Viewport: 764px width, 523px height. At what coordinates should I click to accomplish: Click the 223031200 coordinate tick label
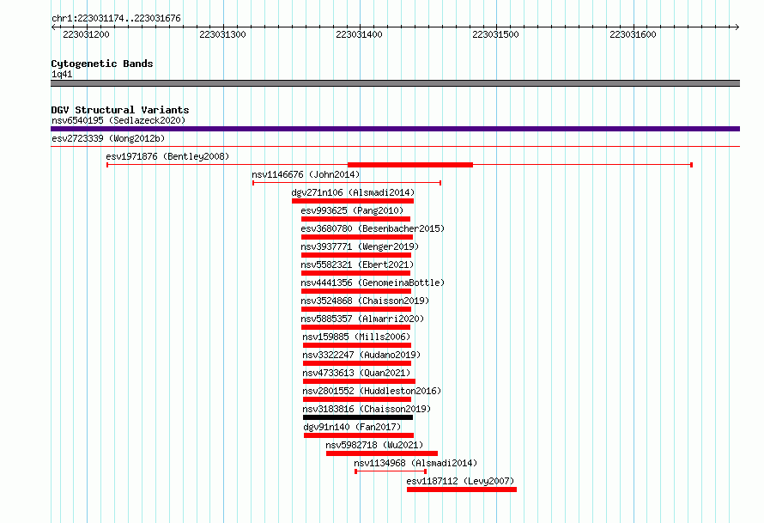86,34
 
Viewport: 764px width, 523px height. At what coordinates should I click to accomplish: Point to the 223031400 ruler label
359,34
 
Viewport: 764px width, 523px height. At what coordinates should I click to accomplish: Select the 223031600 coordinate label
633,34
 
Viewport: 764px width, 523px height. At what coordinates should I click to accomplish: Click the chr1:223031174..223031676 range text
116,18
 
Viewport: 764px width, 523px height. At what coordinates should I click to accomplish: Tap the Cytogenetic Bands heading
102,64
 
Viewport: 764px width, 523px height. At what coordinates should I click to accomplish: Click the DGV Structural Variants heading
120,110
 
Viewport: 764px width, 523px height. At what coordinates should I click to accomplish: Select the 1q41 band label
62,74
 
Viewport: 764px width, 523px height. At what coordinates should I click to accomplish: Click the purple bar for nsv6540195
395,129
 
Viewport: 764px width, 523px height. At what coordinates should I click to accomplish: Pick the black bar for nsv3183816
358,417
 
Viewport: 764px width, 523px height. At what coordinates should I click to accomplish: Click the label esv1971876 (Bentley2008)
167,156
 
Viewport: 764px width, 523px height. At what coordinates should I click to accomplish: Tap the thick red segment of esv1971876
410,165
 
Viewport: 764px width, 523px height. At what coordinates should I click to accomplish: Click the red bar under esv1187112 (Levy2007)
462,490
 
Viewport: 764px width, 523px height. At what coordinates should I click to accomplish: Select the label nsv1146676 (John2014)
306,174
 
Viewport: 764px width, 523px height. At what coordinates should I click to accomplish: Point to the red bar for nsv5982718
382,453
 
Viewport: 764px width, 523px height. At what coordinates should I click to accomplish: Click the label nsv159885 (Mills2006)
356,337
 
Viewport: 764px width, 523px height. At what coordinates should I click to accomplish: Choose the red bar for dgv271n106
353,201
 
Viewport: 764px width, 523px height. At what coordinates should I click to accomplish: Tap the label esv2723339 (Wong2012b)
108,138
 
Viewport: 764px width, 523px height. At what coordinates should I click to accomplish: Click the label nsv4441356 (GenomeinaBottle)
373,283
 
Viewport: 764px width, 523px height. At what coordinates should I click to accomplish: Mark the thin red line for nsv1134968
391,471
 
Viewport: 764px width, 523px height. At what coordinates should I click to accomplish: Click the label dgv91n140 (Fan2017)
352,427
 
